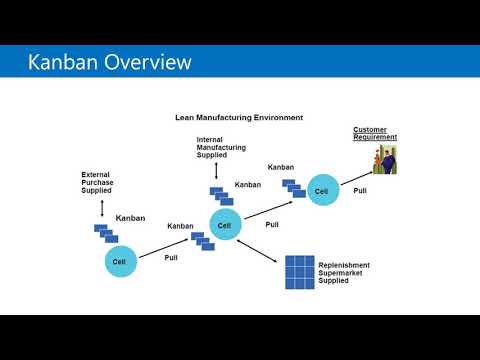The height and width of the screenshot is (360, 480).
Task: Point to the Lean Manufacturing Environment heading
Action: click(x=239, y=117)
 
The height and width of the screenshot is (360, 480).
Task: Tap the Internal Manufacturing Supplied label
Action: click(x=220, y=146)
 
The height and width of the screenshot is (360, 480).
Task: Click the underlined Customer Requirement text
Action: click(x=374, y=134)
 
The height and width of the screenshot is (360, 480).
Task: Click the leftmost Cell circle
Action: click(x=119, y=262)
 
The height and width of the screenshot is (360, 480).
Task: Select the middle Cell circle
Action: click(x=225, y=225)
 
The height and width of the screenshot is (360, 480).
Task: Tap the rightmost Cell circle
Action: click(x=321, y=190)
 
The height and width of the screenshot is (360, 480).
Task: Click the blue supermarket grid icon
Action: click(x=299, y=271)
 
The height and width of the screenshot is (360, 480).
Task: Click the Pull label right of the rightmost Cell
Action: click(x=360, y=190)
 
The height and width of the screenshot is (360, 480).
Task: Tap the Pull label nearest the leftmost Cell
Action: click(x=171, y=257)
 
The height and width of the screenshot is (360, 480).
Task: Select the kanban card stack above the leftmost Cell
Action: click(x=105, y=233)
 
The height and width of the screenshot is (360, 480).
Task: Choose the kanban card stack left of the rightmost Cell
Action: click(x=293, y=188)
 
